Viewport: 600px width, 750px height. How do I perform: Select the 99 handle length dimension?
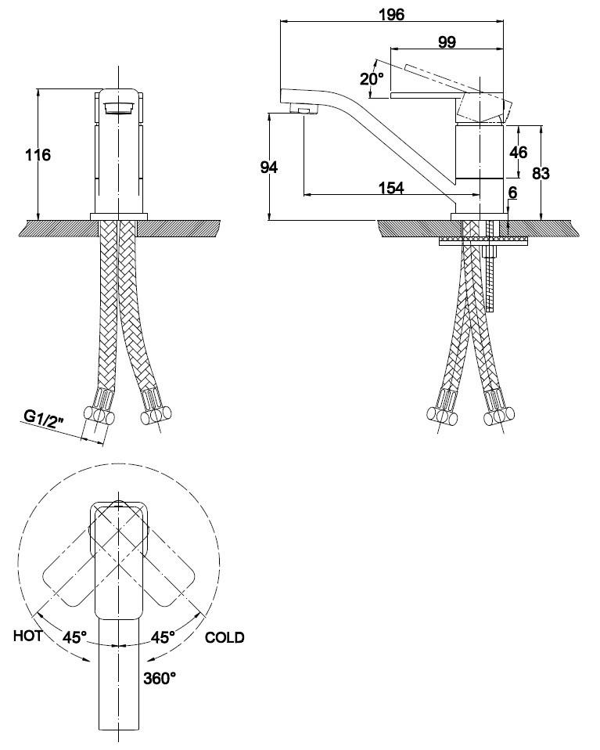click(x=447, y=42)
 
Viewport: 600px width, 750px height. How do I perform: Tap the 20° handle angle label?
click(x=372, y=78)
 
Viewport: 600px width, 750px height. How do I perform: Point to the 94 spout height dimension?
click(x=268, y=168)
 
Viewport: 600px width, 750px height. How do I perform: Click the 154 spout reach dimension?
click(x=391, y=188)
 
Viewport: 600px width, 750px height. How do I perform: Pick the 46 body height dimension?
click(x=519, y=153)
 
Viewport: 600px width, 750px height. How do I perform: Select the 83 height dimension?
click(x=541, y=173)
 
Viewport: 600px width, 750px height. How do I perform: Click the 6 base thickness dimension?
click(x=512, y=193)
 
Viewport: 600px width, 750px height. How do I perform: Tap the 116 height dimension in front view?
click(x=38, y=155)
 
